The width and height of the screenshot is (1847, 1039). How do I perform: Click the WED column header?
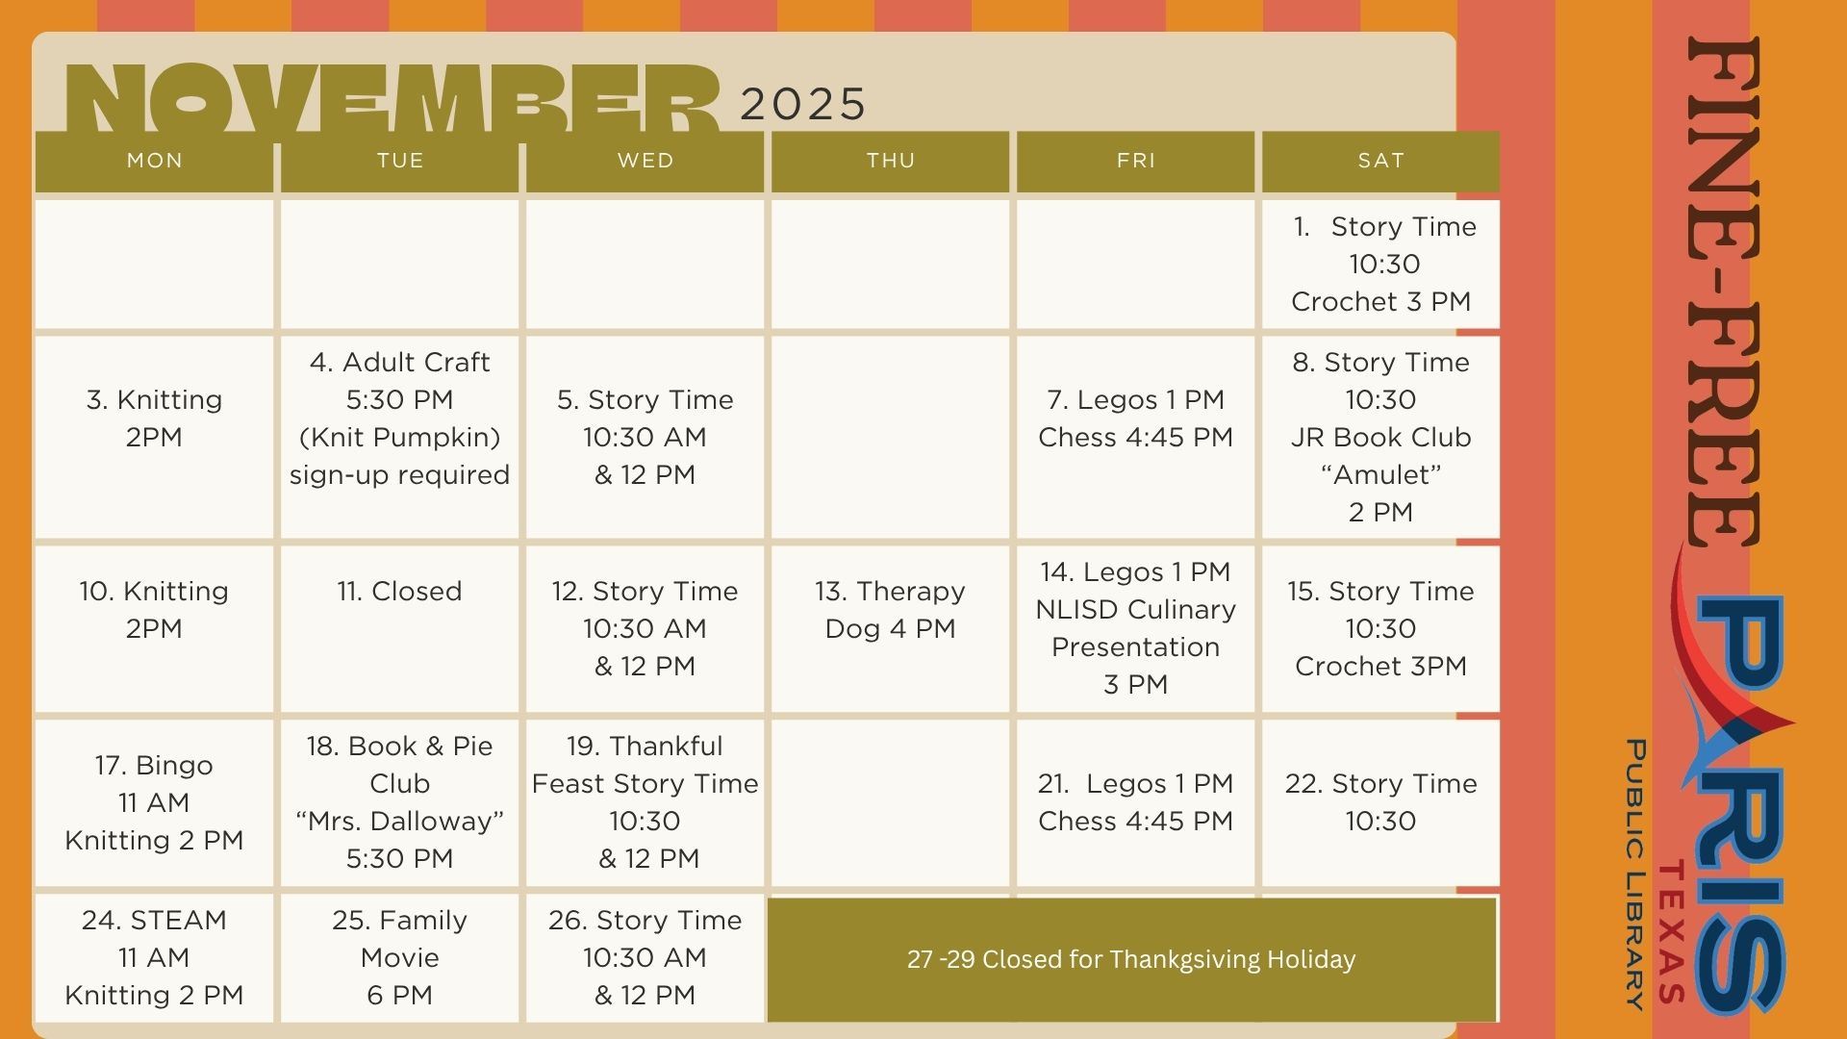click(x=645, y=161)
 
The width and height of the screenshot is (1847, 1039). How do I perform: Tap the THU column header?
click(x=890, y=161)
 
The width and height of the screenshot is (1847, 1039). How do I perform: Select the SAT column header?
click(x=1380, y=161)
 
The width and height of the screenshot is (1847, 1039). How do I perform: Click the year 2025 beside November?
click(x=803, y=104)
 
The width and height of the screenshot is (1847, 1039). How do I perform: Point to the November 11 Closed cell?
click(x=399, y=629)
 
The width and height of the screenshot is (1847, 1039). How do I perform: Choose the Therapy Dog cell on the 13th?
click(x=890, y=629)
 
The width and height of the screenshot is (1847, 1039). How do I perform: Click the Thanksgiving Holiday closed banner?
click(x=1131, y=959)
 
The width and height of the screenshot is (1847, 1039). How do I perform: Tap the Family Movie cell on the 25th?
click(x=399, y=958)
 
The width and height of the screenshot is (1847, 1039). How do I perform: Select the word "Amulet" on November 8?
click(x=1380, y=474)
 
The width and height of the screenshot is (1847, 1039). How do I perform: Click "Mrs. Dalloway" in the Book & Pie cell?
click(x=399, y=821)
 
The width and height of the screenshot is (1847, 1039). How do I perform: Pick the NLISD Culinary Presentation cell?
click(x=1135, y=629)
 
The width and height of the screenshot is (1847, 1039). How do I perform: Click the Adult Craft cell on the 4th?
click(x=399, y=437)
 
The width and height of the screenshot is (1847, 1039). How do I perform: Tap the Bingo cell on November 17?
click(x=154, y=803)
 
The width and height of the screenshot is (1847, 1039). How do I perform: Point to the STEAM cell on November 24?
click(x=154, y=958)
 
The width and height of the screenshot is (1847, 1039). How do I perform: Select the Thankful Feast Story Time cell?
click(x=645, y=803)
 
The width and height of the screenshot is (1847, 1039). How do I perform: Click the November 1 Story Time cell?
click(x=1380, y=264)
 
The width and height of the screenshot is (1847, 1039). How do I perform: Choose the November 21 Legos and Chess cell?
click(x=1135, y=803)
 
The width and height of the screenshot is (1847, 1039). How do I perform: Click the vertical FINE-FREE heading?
click(x=1724, y=291)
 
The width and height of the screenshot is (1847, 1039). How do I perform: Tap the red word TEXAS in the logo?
click(x=1672, y=931)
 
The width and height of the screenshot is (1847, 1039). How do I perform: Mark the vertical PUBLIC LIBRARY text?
click(x=1635, y=874)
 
